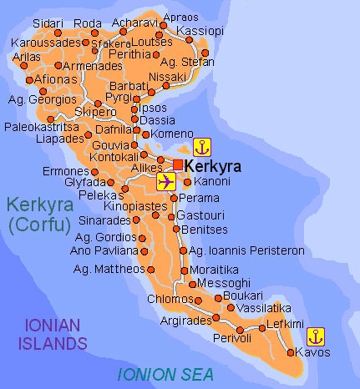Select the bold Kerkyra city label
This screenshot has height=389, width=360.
(212, 167)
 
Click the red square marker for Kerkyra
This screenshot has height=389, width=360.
(178, 164)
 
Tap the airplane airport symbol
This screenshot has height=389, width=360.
(165, 182)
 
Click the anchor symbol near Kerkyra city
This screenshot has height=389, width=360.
(200, 148)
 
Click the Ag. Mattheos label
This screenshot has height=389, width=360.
(109, 269)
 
